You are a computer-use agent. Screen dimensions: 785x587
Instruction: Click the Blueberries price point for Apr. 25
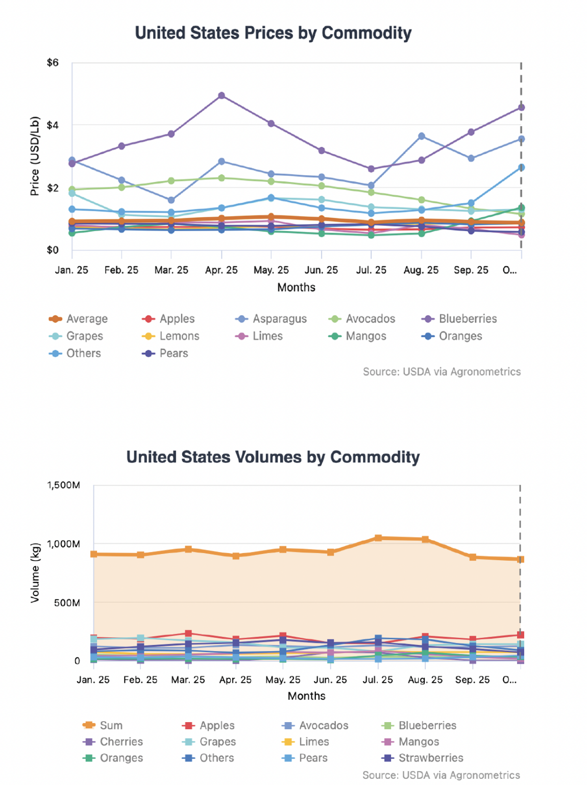(222, 96)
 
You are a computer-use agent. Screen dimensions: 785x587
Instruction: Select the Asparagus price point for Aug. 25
(422, 136)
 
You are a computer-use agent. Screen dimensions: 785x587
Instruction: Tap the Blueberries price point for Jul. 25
(371, 169)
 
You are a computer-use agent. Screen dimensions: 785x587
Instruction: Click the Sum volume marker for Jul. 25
(378, 538)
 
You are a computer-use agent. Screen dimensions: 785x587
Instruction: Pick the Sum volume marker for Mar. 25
(188, 549)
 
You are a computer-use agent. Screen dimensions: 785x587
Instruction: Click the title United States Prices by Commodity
(273, 33)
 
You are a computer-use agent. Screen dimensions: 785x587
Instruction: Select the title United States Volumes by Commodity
(273, 457)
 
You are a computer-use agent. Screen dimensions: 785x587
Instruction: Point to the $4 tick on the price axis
(53, 125)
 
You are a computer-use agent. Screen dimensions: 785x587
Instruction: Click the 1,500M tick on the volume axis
(64, 485)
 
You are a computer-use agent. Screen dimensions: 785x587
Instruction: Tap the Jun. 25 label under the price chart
(321, 270)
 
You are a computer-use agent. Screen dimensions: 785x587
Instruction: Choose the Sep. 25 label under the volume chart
(472, 680)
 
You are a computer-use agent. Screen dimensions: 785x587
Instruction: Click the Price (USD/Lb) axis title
(35, 156)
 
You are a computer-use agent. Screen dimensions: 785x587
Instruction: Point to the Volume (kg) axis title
(35, 572)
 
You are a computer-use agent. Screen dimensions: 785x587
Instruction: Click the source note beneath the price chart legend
(442, 372)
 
